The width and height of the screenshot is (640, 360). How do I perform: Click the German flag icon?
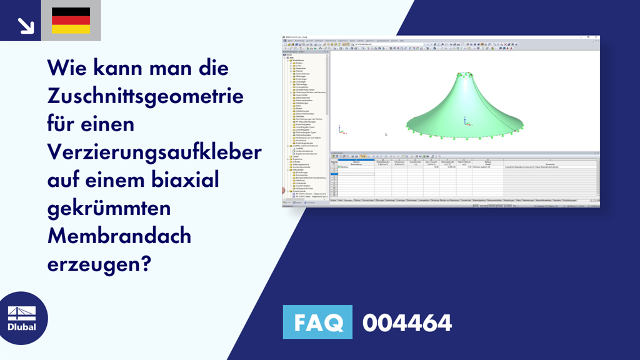pyautogui.click(x=71, y=21)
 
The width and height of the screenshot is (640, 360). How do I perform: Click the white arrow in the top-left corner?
pyautogui.click(x=26, y=25)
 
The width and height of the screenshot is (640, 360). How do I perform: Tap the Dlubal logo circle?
pyautogui.click(x=21, y=318)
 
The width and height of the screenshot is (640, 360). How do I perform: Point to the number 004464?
pyautogui.click(x=407, y=322)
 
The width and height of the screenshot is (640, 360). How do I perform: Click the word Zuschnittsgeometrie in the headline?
pyautogui.click(x=146, y=97)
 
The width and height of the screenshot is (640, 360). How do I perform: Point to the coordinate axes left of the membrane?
pyautogui.click(x=340, y=129)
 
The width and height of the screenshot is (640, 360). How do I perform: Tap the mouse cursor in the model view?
pyautogui.click(x=386, y=134)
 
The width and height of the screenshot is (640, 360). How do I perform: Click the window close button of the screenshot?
pyautogui.click(x=597, y=37)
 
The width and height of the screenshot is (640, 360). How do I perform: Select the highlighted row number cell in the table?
pyautogui.click(x=333, y=167)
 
